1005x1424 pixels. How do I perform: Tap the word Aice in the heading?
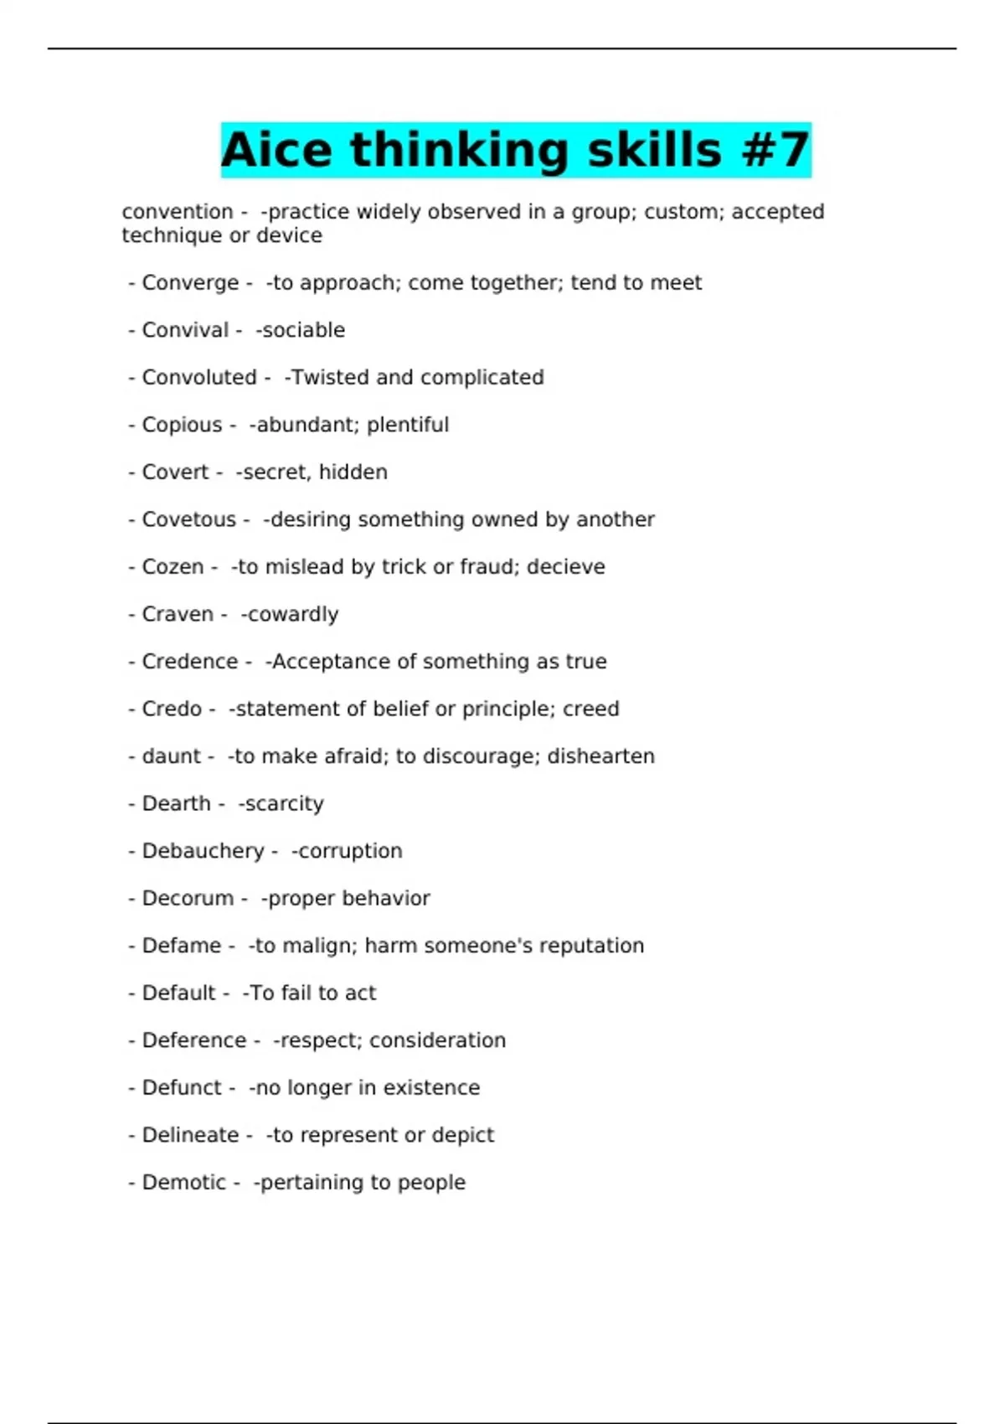click(276, 151)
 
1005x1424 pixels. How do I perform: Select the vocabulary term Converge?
click(190, 283)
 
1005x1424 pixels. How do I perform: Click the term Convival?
click(185, 330)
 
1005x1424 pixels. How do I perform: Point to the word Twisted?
click(331, 378)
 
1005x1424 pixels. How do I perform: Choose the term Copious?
click(182, 425)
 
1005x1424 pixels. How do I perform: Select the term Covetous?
click(188, 519)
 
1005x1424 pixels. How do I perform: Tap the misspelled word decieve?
click(565, 567)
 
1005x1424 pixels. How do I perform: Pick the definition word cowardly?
click(292, 615)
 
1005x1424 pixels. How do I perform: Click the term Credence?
click(190, 662)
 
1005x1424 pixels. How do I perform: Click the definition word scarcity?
click(284, 804)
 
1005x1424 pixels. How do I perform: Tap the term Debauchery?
click(203, 851)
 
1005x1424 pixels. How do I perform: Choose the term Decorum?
click(188, 898)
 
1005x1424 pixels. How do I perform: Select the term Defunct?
click(182, 1087)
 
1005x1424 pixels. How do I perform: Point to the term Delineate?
click(190, 1135)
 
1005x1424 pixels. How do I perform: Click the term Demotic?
click(183, 1182)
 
